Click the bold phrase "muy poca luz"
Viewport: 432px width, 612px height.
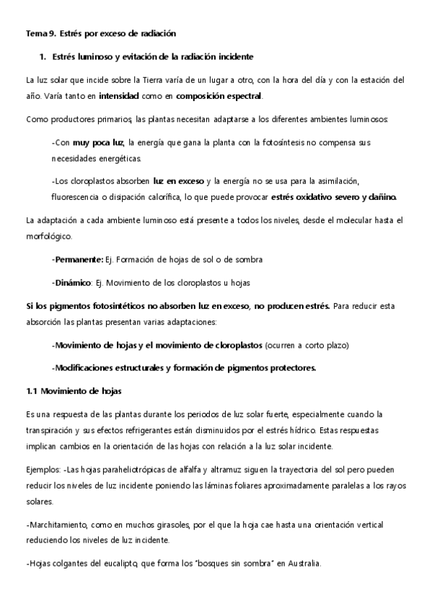93,142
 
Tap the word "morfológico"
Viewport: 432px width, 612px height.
48,235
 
